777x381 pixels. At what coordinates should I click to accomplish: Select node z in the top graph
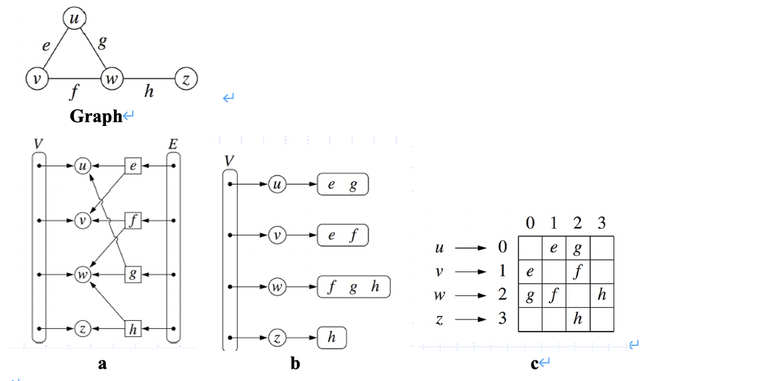click(186, 79)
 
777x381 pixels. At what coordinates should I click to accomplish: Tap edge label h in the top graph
click(149, 93)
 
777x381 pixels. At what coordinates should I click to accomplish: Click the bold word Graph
click(96, 117)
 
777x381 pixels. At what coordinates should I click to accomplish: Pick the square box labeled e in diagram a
click(133, 167)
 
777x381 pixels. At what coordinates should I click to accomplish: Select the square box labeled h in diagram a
click(133, 328)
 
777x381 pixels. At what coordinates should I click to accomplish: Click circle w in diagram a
click(82, 274)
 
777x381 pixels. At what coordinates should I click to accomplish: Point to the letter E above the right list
click(172, 144)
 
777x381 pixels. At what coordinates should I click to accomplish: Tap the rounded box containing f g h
click(353, 287)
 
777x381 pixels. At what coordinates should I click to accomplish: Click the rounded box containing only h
click(331, 338)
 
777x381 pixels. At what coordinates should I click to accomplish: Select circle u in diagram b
click(276, 185)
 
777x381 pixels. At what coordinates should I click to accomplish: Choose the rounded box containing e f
click(343, 236)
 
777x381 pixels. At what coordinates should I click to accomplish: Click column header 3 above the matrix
click(602, 223)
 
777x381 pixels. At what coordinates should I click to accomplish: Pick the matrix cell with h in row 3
click(578, 320)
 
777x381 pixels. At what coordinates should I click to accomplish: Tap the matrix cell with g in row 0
click(578, 248)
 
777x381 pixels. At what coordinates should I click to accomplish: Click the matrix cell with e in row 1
click(530, 272)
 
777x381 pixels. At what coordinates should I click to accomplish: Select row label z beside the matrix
click(440, 320)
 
